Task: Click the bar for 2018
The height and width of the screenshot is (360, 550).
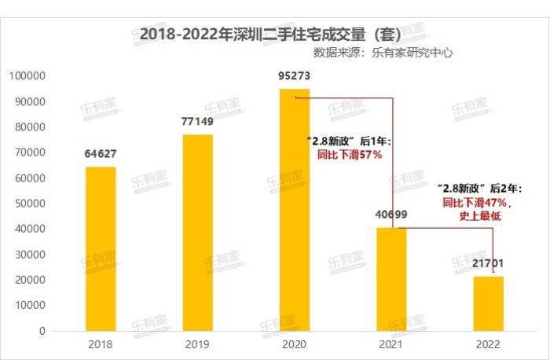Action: tap(100, 248)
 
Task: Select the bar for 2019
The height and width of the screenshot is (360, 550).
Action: tap(197, 233)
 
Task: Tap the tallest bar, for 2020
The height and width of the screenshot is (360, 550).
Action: tap(295, 210)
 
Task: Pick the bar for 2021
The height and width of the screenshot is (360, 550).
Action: tap(391, 279)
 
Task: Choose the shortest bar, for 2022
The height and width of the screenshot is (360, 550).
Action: tap(488, 303)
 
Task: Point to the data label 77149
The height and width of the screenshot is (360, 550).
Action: tap(197, 121)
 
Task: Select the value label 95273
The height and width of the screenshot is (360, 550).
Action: tap(295, 76)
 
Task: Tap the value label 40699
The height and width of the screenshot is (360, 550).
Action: tap(391, 214)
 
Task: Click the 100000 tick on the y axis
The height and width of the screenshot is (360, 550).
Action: tap(27, 76)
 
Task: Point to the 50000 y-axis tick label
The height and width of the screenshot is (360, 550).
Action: tap(30, 204)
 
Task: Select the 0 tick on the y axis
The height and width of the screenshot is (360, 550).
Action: tap(42, 331)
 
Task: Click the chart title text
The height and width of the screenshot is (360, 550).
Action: tap(270, 35)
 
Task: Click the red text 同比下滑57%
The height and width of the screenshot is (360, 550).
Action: tap(349, 155)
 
